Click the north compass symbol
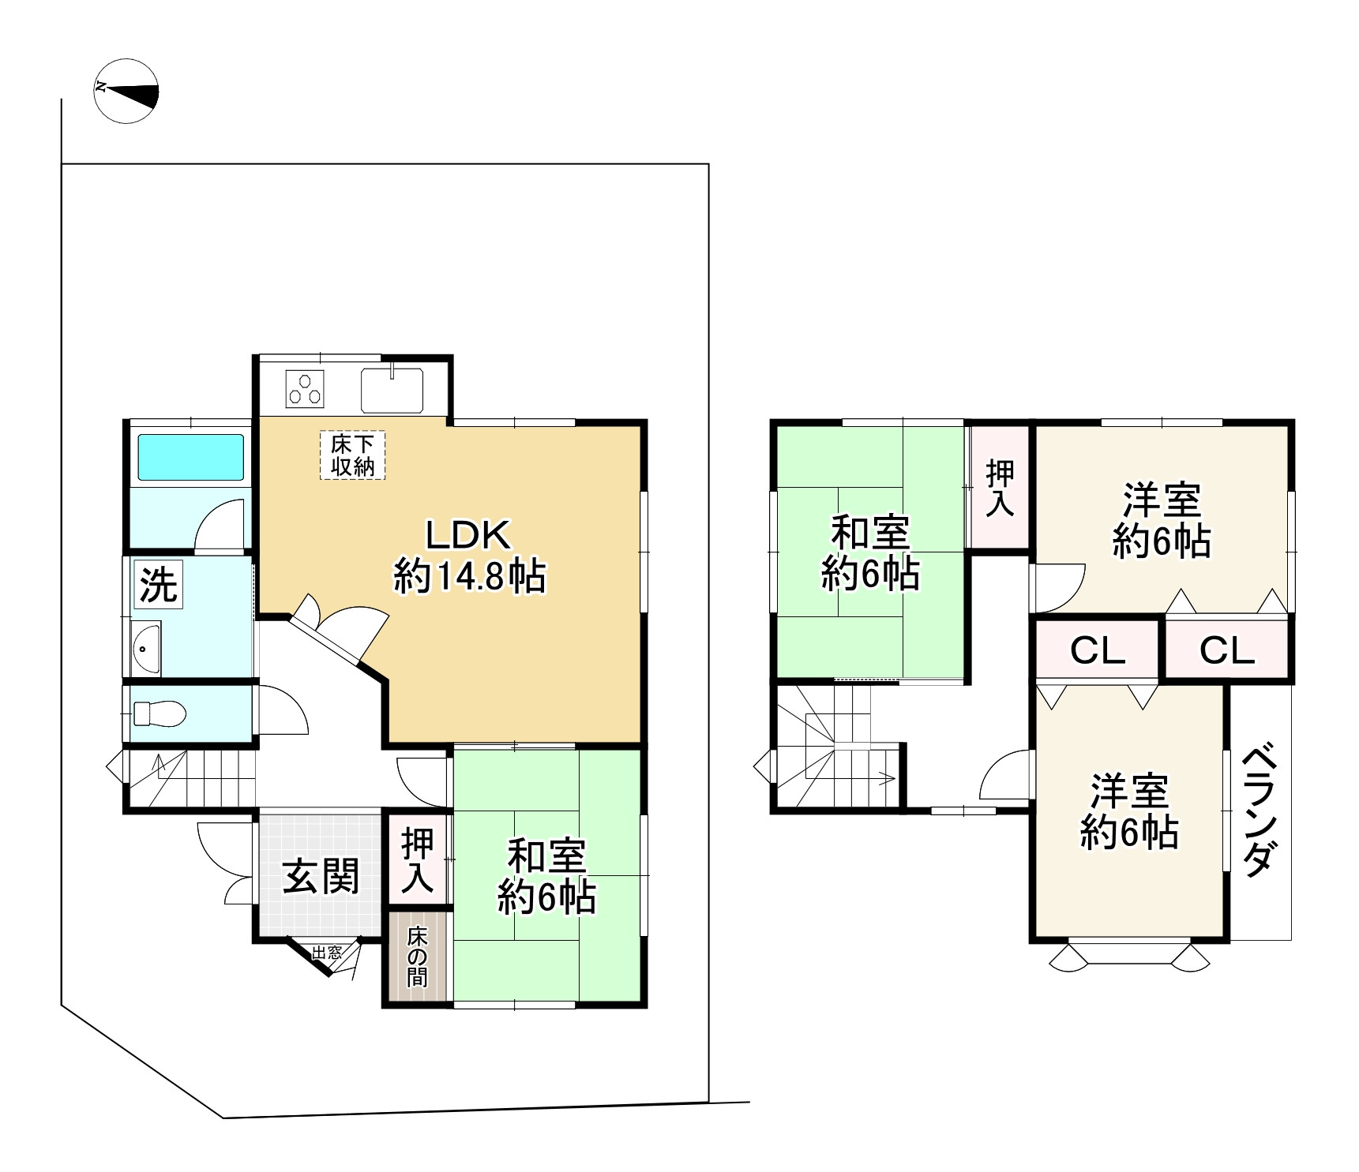tap(126, 90)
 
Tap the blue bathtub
tap(191, 457)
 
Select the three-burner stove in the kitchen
tap(306, 388)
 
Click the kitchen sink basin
tap(392, 391)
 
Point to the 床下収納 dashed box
tap(352, 455)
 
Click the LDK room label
tap(470, 556)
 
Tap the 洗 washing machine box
tap(159, 584)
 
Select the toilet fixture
tap(160, 714)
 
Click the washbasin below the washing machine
tap(146, 649)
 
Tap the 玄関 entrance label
tap(321, 876)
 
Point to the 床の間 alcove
tap(417, 957)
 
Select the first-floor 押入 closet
tap(417, 861)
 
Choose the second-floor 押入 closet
tap(1000, 488)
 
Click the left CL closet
tap(1098, 650)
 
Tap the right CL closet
tap(1227, 650)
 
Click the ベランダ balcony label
tap(1261, 813)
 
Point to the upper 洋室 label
tap(1162, 522)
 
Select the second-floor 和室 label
tap(870, 552)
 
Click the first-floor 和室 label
tap(546, 876)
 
